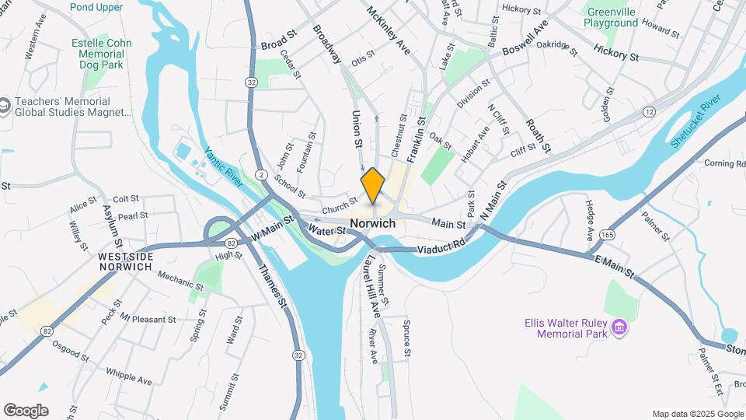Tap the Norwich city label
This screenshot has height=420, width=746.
pos(372,223)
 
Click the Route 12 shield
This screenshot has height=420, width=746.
pos(648,113)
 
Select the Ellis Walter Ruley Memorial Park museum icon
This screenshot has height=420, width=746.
pos(620,327)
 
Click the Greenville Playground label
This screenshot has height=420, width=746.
pos(612,18)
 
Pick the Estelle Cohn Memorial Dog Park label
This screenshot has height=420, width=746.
pos(101,54)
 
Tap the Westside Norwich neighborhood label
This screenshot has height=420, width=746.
pos(124,261)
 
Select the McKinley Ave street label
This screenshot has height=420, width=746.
pos(389,31)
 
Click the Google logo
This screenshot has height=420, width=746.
pos(26,410)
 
